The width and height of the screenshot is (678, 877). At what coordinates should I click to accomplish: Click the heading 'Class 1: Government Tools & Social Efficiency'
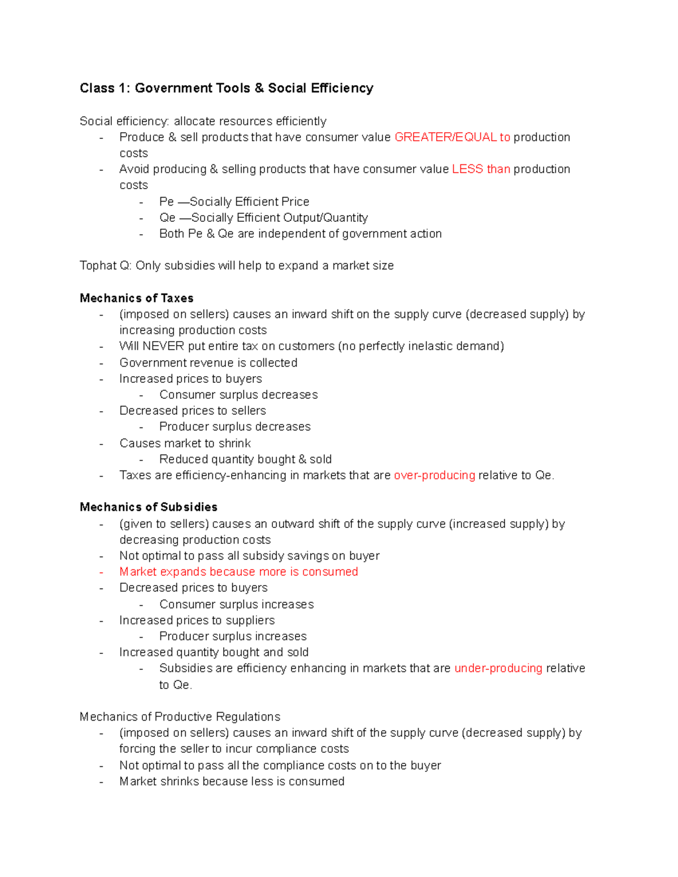[x=226, y=88]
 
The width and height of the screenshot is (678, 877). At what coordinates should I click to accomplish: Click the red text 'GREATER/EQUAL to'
[x=452, y=137]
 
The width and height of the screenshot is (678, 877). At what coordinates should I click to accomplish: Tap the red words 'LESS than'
[x=481, y=169]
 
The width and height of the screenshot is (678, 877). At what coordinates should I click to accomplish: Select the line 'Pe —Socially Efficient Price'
[x=234, y=202]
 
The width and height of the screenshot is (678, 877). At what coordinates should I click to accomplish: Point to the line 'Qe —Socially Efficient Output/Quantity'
[x=263, y=218]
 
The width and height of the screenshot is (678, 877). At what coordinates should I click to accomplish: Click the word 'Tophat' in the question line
[x=98, y=266]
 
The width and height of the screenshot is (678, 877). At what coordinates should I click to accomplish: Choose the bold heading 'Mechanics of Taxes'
[x=136, y=298]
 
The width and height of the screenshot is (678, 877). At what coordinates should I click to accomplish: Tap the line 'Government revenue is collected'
[x=208, y=363]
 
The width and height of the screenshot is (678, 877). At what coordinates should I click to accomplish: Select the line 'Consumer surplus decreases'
[x=238, y=395]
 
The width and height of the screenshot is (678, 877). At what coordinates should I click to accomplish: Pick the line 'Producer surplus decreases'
[x=234, y=427]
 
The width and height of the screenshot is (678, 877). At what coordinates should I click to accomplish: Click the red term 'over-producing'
[x=434, y=475]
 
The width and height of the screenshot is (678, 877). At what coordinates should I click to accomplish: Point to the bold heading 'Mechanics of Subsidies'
[x=148, y=507]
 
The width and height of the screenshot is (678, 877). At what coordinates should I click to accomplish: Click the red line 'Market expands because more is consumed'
[x=238, y=572]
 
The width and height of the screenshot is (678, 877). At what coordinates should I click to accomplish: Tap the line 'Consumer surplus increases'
[x=236, y=604]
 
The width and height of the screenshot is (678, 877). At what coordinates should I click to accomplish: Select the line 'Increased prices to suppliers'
[x=197, y=620]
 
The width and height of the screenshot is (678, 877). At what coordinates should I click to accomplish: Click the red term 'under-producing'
[x=498, y=669]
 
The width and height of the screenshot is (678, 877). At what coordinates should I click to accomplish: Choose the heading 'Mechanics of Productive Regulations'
[x=180, y=717]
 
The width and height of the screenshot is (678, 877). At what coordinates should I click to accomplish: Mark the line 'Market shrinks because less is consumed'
[x=232, y=782]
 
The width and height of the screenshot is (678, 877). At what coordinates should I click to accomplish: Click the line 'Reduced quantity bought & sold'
[x=245, y=459]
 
